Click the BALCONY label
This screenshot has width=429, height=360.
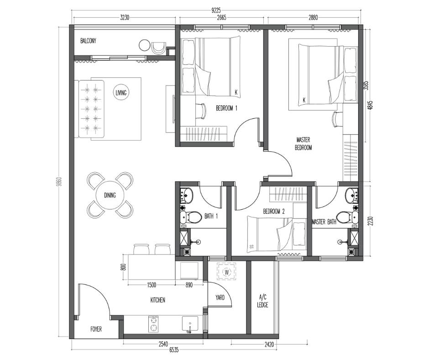[88, 41]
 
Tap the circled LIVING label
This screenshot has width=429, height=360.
[121, 93]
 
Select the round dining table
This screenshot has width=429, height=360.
[110, 195]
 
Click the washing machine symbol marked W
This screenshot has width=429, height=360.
[226, 272]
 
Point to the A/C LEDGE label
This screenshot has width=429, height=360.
[262, 301]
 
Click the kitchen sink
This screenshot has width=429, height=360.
[190, 324]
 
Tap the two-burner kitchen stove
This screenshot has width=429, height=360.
[153, 324]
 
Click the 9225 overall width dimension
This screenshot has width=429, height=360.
[216, 11]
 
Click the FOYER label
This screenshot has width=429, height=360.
[96, 329]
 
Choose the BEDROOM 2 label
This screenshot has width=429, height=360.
[273, 212]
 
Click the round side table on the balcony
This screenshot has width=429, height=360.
[144, 45]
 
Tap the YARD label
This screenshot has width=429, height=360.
[220, 297]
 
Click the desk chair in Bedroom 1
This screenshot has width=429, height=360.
[202, 111]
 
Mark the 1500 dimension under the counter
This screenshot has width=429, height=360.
[152, 285]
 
